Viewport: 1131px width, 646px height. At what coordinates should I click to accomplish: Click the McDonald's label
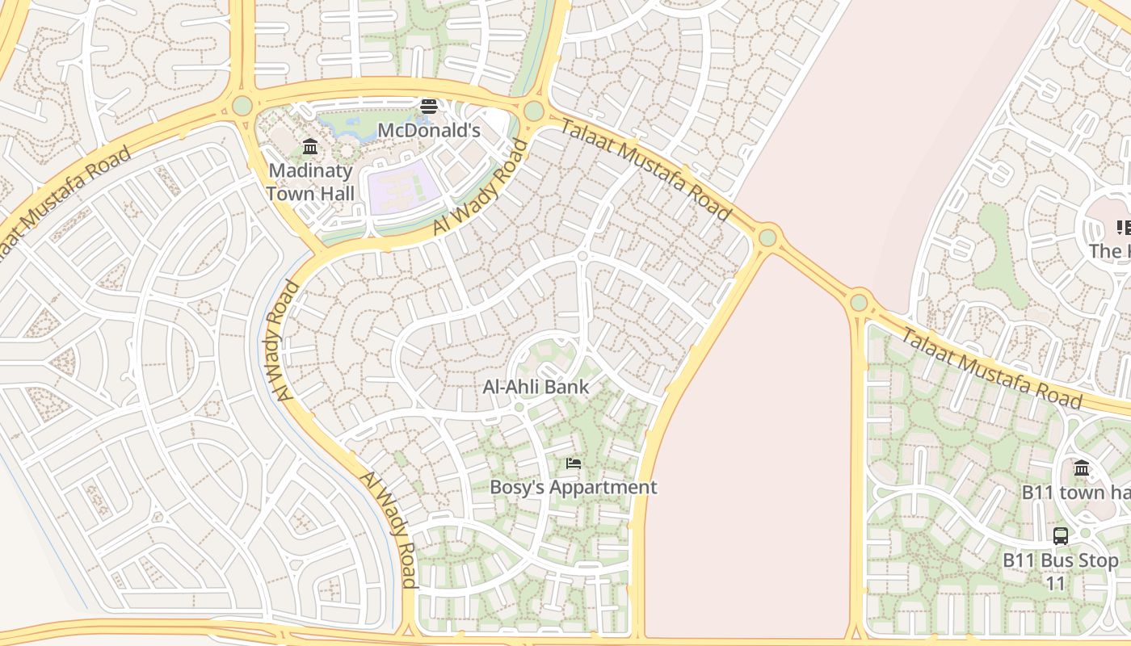(428, 130)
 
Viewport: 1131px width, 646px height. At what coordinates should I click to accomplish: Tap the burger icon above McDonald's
(428, 107)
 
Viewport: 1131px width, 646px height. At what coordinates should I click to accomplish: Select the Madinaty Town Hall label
(310, 182)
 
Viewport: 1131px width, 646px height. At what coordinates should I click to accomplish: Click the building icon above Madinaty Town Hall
(310, 146)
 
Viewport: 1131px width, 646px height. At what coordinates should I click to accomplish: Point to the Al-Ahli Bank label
(536, 387)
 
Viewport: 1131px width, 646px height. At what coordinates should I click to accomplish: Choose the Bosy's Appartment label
(573, 487)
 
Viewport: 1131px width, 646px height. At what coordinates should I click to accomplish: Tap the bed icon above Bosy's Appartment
(573, 463)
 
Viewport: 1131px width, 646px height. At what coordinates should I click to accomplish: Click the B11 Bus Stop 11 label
(1060, 571)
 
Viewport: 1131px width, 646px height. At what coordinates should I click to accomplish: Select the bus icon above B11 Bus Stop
(1060, 535)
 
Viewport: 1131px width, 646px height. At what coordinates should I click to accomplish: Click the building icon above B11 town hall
(1082, 468)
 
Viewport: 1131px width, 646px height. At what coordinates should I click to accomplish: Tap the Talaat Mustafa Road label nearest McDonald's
(645, 170)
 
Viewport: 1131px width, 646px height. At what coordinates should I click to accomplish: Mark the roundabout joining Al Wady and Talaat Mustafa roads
(533, 111)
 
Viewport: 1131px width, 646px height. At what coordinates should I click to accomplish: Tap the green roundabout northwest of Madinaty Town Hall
(242, 106)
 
